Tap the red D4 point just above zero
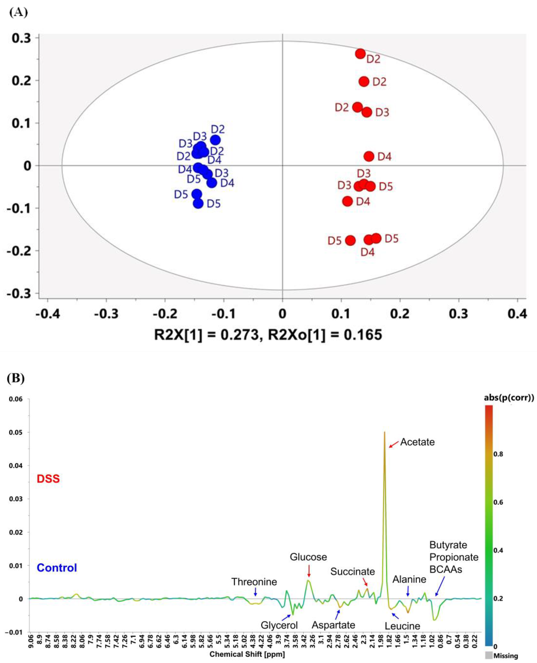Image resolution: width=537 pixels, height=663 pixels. pos(369,156)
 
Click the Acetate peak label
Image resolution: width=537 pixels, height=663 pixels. pos(417,442)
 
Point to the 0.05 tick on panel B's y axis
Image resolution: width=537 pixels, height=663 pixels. pos(16,432)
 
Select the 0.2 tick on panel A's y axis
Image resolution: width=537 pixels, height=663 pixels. pos(22,81)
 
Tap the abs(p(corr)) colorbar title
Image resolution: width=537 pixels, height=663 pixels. pos(509,398)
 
